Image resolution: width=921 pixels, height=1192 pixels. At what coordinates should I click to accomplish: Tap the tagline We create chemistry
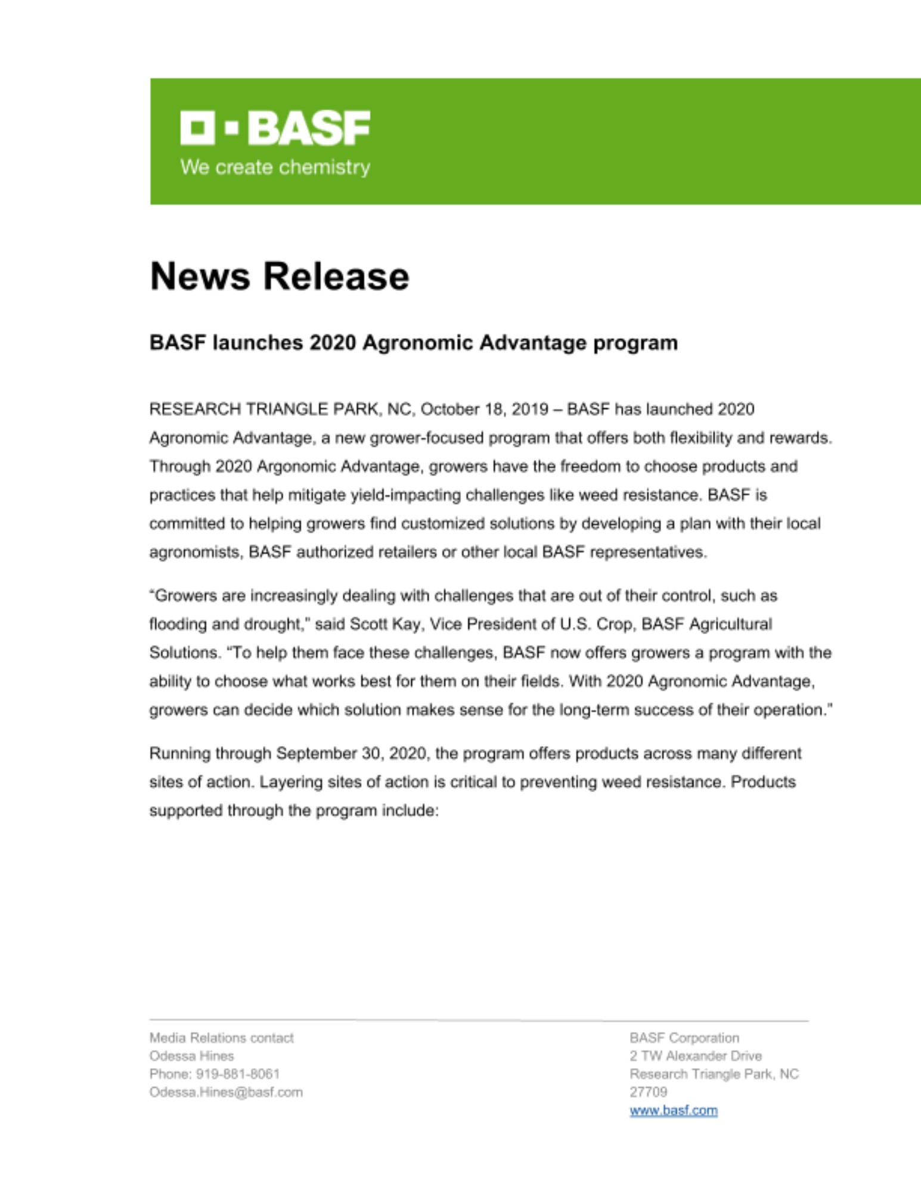pos(275,167)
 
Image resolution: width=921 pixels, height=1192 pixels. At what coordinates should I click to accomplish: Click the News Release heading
pos(279,277)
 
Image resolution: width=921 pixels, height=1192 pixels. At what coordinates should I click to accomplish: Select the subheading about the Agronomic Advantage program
pos(413,343)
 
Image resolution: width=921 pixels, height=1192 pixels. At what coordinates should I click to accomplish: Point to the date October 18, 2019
pos(484,409)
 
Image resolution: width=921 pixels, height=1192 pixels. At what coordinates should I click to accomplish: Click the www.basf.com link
pos(673,1110)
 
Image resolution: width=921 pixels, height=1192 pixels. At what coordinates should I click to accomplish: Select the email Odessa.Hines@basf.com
pos(225,1092)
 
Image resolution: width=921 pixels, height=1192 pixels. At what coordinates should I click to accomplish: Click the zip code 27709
pos(648,1092)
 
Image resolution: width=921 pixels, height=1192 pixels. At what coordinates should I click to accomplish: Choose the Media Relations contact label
pos(221,1038)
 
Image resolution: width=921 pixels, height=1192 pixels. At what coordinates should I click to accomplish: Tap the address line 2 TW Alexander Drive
pos(695,1056)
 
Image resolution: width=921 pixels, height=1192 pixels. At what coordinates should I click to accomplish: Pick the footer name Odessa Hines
pos(191,1056)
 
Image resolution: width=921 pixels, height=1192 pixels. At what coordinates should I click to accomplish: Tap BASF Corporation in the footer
pos(684,1038)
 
